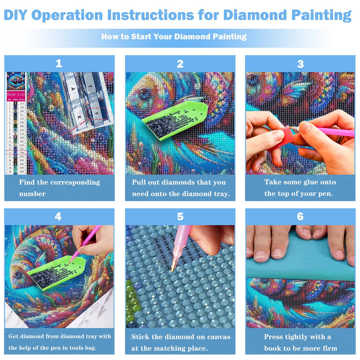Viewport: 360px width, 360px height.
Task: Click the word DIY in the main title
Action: [15, 15]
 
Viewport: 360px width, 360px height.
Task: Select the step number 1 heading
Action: [59, 63]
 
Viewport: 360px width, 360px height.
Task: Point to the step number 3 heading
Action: [300, 64]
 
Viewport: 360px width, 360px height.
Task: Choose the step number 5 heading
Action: [180, 216]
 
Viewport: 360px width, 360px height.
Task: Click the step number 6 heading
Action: [300, 216]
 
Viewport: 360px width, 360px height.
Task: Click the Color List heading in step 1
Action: [16, 94]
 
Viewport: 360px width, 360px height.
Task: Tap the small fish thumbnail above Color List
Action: [16, 81]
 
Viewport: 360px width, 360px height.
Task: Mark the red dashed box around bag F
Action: [97, 114]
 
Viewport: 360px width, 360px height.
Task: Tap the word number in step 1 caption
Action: [32, 194]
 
